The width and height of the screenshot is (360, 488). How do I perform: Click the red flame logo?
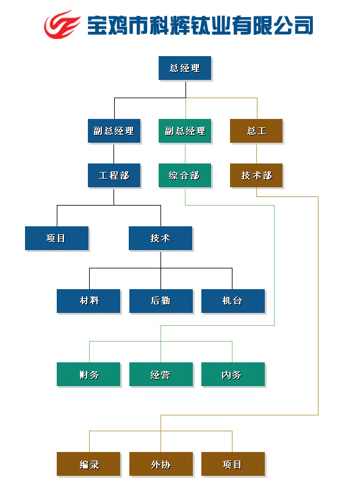[x=62, y=24]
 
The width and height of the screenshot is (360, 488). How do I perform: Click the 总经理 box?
[x=185, y=68]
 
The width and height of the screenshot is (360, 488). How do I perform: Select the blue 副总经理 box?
[x=114, y=131]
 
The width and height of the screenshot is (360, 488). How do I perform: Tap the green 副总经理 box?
[x=185, y=131]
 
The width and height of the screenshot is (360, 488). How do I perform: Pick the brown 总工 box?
[x=256, y=131]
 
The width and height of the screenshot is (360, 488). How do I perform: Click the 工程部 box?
[x=114, y=176]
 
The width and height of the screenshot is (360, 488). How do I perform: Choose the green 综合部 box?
[x=185, y=176]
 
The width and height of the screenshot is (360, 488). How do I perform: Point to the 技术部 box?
[x=256, y=176]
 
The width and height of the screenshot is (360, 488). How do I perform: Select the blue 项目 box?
[x=57, y=239]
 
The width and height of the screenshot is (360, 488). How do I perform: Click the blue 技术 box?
[x=160, y=239]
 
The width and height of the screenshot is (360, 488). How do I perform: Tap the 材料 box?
[x=88, y=301]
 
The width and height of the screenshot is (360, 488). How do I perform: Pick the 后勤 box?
[x=161, y=301]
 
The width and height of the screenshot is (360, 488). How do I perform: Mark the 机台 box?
[x=233, y=301]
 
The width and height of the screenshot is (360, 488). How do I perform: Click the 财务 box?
[x=88, y=375]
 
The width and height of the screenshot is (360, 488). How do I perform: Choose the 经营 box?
[x=161, y=375]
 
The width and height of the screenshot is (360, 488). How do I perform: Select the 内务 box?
[x=233, y=375]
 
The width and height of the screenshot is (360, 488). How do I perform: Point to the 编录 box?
[x=88, y=464]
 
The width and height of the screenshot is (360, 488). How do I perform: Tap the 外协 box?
[x=161, y=464]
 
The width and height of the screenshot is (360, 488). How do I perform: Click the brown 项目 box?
[x=233, y=464]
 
